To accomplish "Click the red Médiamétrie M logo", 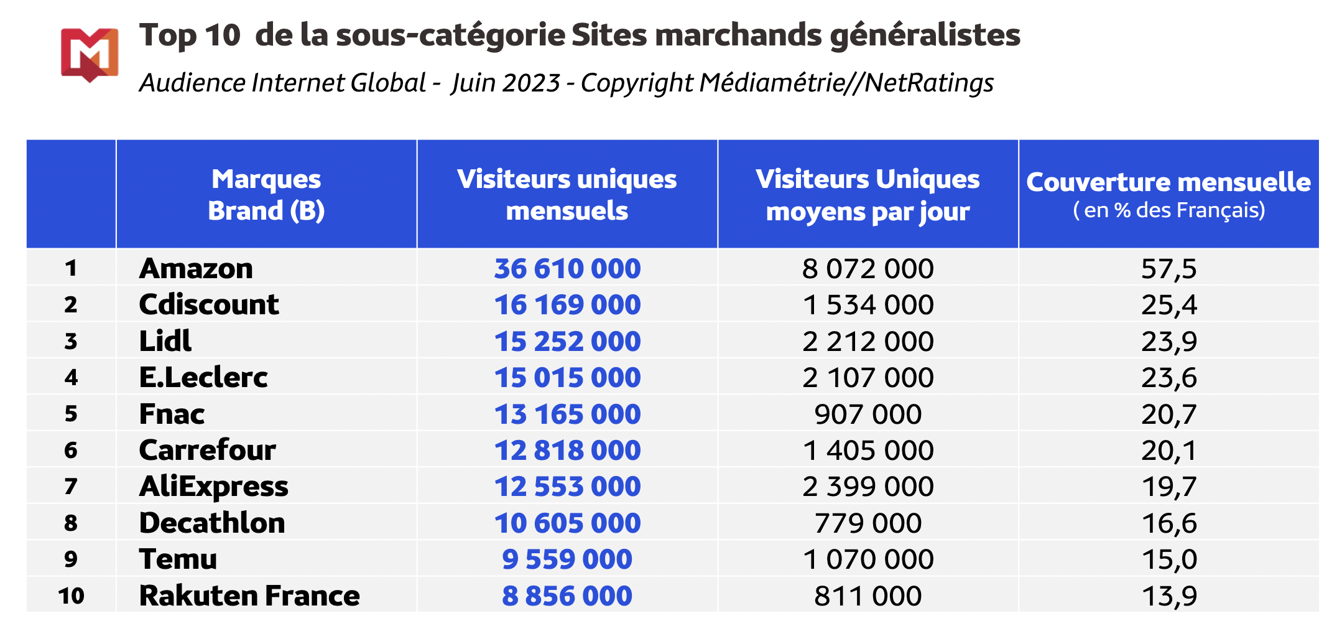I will pos(90,54).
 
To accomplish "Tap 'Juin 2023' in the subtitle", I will pos(506,83).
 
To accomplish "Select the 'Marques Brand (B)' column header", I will pos(266,195).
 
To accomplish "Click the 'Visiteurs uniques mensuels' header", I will pos(567,195).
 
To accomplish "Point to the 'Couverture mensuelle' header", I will pos(1168,182).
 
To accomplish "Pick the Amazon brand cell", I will pos(196,269).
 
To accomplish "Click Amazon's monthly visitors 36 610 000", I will pos(567,269).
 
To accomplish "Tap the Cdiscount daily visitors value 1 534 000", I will pos(868,305).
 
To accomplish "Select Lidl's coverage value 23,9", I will pos(1168,342).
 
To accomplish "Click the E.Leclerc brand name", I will pos(203,378).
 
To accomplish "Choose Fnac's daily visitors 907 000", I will pos(868,414).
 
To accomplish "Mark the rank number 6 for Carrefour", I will pos(71,451).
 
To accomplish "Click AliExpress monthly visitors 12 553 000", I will pos(567,487).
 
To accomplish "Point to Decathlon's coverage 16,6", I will pos(1168,523).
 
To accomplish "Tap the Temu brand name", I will pos(178,559).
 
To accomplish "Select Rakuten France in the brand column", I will pos(249,596).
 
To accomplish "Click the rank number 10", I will pos(71,596).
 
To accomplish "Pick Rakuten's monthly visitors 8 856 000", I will pos(567,596).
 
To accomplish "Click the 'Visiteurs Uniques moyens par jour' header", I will pos(868,195).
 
